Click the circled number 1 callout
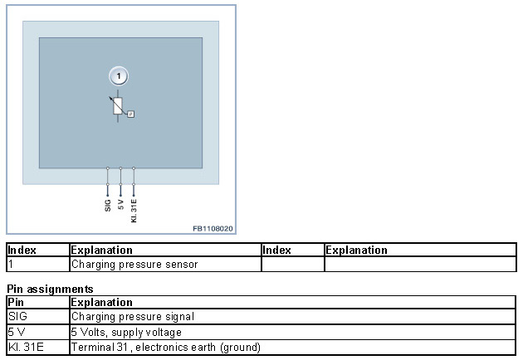click(x=120, y=77)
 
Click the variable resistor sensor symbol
click(x=119, y=106)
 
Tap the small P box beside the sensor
click(x=130, y=114)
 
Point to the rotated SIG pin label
click(x=108, y=204)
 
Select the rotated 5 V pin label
click(x=121, y=204)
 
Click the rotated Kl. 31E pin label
click(x=134, y=208)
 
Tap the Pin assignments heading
click(x=50, y=289)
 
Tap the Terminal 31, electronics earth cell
click(x=166, y=347)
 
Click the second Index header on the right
click(x=277, y=250)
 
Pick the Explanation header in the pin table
click(x=101, y=302)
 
